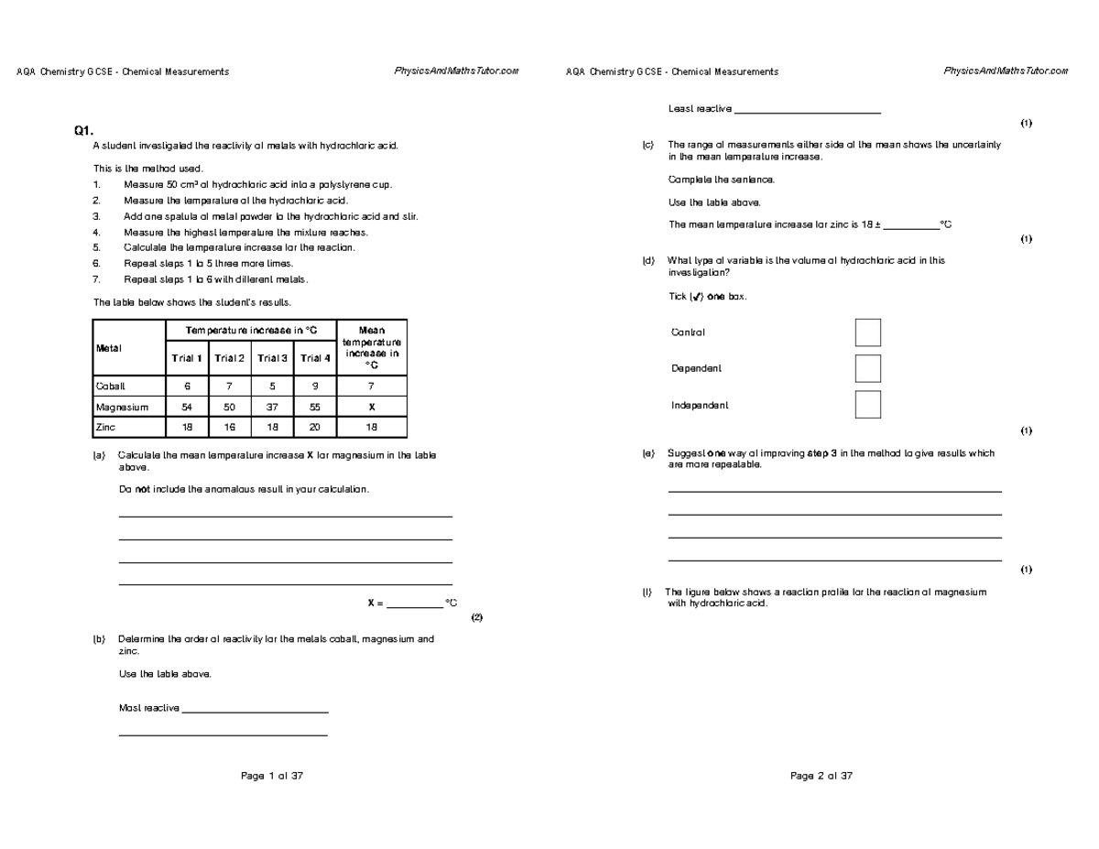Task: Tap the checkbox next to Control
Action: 867,332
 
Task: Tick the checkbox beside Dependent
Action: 867,368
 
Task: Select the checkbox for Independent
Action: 867,405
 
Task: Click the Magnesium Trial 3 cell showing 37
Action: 272,407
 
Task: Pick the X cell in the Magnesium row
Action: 372,407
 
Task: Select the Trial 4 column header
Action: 315,358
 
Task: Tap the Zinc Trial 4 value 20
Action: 315,428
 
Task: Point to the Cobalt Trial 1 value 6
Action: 188,386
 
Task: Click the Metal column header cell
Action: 128,347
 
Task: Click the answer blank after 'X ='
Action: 414,604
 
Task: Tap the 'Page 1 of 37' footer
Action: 271,776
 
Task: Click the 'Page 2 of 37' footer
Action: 821,776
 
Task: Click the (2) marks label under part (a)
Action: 475,617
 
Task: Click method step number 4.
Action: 97,232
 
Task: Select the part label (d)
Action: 648,261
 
